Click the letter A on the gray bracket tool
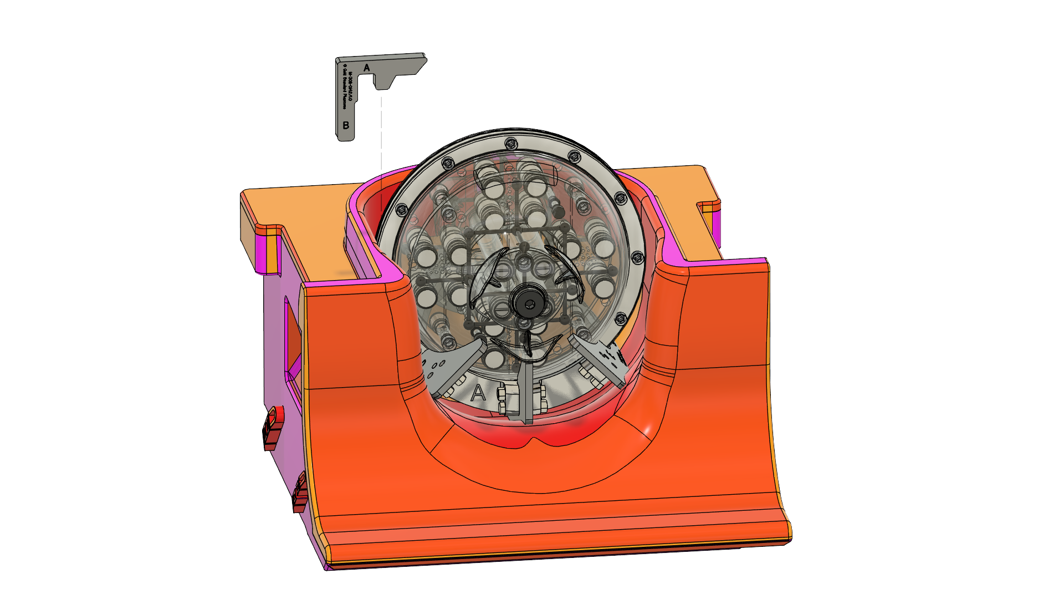pyautogui.click(x=366, y=68)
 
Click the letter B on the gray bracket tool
pyautogui.click(x=346, y=125)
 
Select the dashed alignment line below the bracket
pyautogui.click(x=381, y=133)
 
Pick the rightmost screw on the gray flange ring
pyautogui.click(x=637, y=258)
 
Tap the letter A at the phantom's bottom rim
pyautogui.click(x=478, y=393)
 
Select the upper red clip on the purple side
pyautogui.click(x=273, y=428)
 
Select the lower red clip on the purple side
pyautogui.click(x=300, y=493)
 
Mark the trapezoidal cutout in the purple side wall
pyautogui.click(x=293, y=336)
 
